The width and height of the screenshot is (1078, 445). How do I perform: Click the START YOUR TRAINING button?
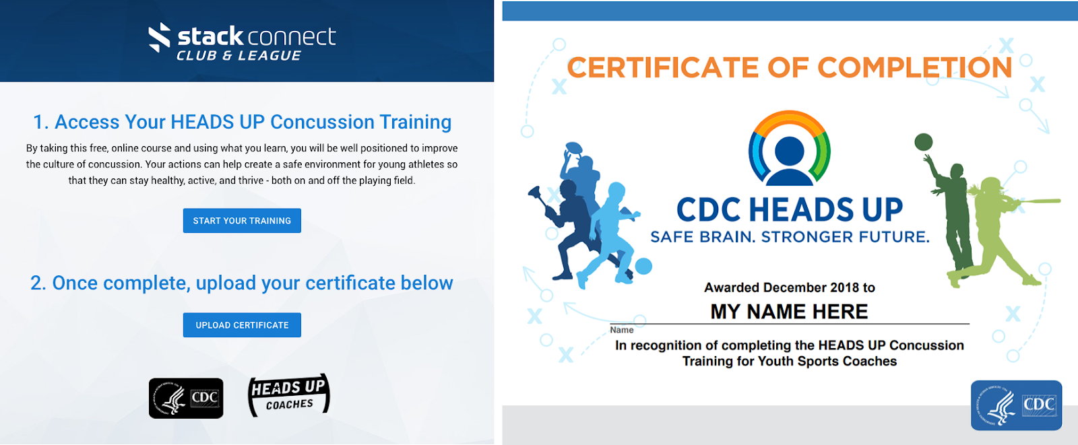[242, 220]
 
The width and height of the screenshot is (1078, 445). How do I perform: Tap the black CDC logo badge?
[186, 398]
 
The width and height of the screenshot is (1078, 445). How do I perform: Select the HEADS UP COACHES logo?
[289, 395]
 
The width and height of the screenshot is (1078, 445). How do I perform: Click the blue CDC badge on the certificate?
[1016, 405]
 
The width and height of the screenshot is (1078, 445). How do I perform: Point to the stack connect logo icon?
[159, 37]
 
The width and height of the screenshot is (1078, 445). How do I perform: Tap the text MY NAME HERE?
[789, 312]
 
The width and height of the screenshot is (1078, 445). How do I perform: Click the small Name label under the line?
[621, 330]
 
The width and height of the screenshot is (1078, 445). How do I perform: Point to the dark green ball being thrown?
[923, 142]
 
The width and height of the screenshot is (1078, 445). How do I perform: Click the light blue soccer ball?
[643, 266]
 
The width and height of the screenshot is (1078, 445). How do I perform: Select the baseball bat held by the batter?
[1035, 201]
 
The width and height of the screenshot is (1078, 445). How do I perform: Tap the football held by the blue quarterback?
[573, 147]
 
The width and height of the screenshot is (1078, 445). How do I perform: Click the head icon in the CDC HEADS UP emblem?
[789, 161]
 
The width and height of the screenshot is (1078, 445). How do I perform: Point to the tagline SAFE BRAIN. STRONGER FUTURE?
[790, 237]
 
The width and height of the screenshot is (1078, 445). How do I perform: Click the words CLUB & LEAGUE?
[239, 56]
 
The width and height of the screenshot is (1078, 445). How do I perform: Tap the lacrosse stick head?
[535, 193]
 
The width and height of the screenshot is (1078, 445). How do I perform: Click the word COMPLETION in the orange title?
[914, 67]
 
